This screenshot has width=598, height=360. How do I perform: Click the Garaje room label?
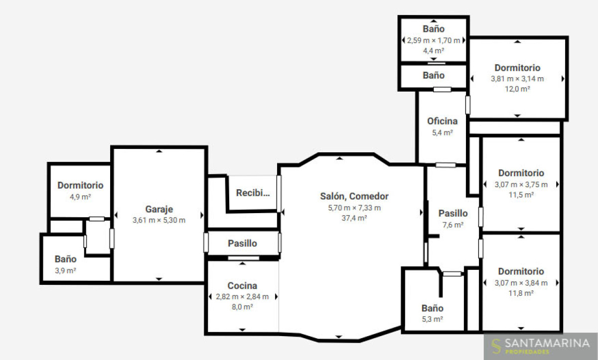pyautogui.click(x=159, y=209)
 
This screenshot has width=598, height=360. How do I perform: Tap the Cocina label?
pyautogui.click(x=242, y=286)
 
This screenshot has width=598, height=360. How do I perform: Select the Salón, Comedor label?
pyautogui.click(x=354, y=196)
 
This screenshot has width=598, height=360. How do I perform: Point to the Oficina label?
pyautogui.click(x=443, y=121)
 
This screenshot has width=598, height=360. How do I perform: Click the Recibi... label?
pyautogui.click(x=253, y=193)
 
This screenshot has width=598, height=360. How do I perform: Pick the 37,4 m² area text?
pyautogui.click(x=354, y=218)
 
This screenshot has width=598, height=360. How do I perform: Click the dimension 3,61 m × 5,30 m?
pyautogui.click(x=159, y=220)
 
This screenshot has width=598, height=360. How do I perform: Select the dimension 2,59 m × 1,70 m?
pyautogui.click(x=434, y=40)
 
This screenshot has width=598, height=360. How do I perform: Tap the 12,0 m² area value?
pyautogui.click(x=517, y=89)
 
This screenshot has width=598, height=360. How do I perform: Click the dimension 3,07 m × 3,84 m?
pyautogui.click(x=521, y=283)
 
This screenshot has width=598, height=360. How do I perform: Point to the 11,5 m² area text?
pyautogui.click(x=521, y=195)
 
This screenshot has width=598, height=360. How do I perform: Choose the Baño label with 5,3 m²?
pyautogui.click(x=433, y=308)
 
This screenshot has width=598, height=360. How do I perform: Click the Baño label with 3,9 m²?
pyautogui.click(x=65, y=259)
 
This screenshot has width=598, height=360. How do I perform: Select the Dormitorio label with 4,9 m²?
pyautogui.click(x=80, y=185)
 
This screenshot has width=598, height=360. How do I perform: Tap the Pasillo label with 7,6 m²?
pyautogui.click(x=453, y=213)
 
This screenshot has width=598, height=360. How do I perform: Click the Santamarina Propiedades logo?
pyautogui.click(x=540, y=346)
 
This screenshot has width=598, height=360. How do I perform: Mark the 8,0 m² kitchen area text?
pyautogui.click(x=242, y=307)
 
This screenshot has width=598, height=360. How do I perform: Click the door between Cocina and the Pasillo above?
pyautogui.click(x=244, y=258)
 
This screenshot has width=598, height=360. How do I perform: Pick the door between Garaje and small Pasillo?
pyautogui.click(x=206, y=242)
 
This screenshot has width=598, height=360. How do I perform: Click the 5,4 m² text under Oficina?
pyautogui.click(x=443, y=132)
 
